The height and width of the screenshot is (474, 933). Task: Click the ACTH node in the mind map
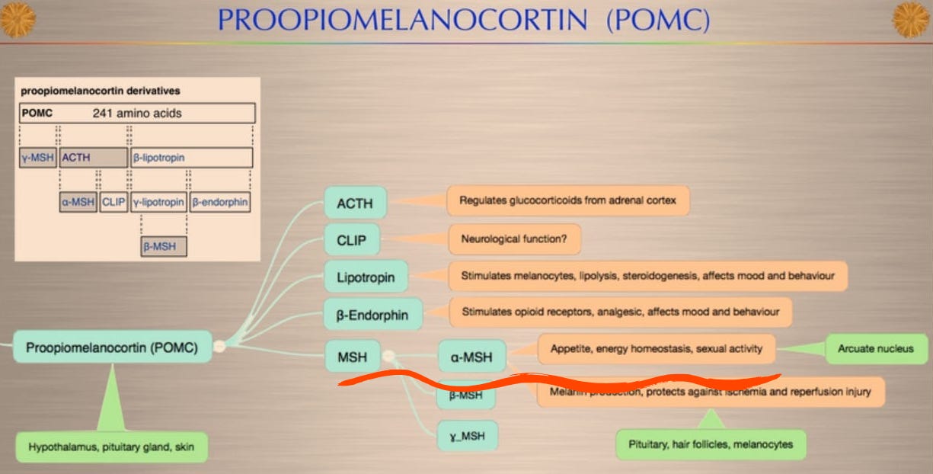[355, 203]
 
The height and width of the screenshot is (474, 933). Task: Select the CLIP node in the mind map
[352, 240]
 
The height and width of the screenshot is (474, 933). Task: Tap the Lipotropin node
[366, 277]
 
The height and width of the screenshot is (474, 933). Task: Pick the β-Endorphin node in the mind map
[372, 314]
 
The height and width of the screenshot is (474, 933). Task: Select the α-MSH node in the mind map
[471, 356]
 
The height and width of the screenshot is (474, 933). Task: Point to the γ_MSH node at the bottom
[467, 437]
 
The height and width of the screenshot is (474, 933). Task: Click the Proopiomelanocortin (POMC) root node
[112, 347]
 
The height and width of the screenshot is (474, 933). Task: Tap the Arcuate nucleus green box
[876, 349]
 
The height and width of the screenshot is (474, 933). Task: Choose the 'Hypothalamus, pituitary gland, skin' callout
[111, 447]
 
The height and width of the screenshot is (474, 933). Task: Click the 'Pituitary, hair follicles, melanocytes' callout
[710, 444]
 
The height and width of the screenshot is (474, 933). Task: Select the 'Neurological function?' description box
[514, 239]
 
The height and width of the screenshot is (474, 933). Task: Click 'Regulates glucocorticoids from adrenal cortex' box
[567, 201]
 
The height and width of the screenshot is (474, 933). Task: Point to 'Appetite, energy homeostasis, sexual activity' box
[656, 349]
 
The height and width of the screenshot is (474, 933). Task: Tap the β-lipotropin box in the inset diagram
[191, 158]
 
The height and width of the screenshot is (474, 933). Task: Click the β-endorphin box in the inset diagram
[220, 202]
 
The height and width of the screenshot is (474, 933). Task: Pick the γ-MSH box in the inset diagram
[38, 158]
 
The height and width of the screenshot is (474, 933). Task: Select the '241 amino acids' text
[137, 114]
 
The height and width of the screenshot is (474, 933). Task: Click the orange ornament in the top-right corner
[911, 20]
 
